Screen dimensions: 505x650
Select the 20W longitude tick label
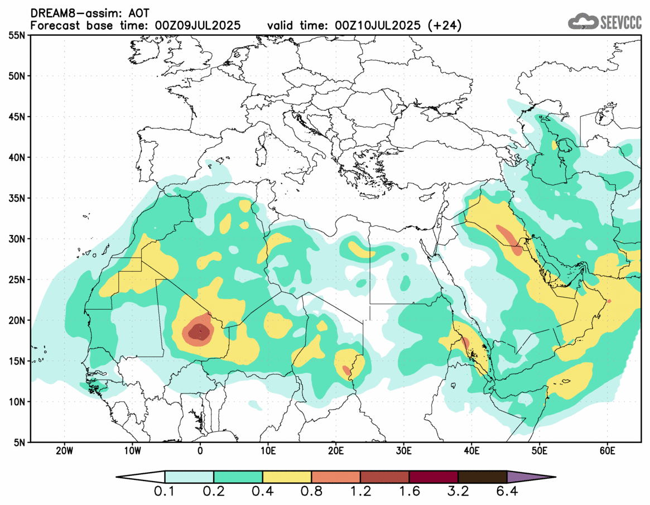(x=65, y=450)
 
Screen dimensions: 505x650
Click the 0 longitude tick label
(x=200, y=450)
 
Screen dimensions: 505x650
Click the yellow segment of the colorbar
(x=287, y=477)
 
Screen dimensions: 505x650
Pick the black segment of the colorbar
(x=482, y=477)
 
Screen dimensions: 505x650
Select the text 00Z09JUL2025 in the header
(x=198, y=25)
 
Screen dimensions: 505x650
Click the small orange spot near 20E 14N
(x=346, y=370)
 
